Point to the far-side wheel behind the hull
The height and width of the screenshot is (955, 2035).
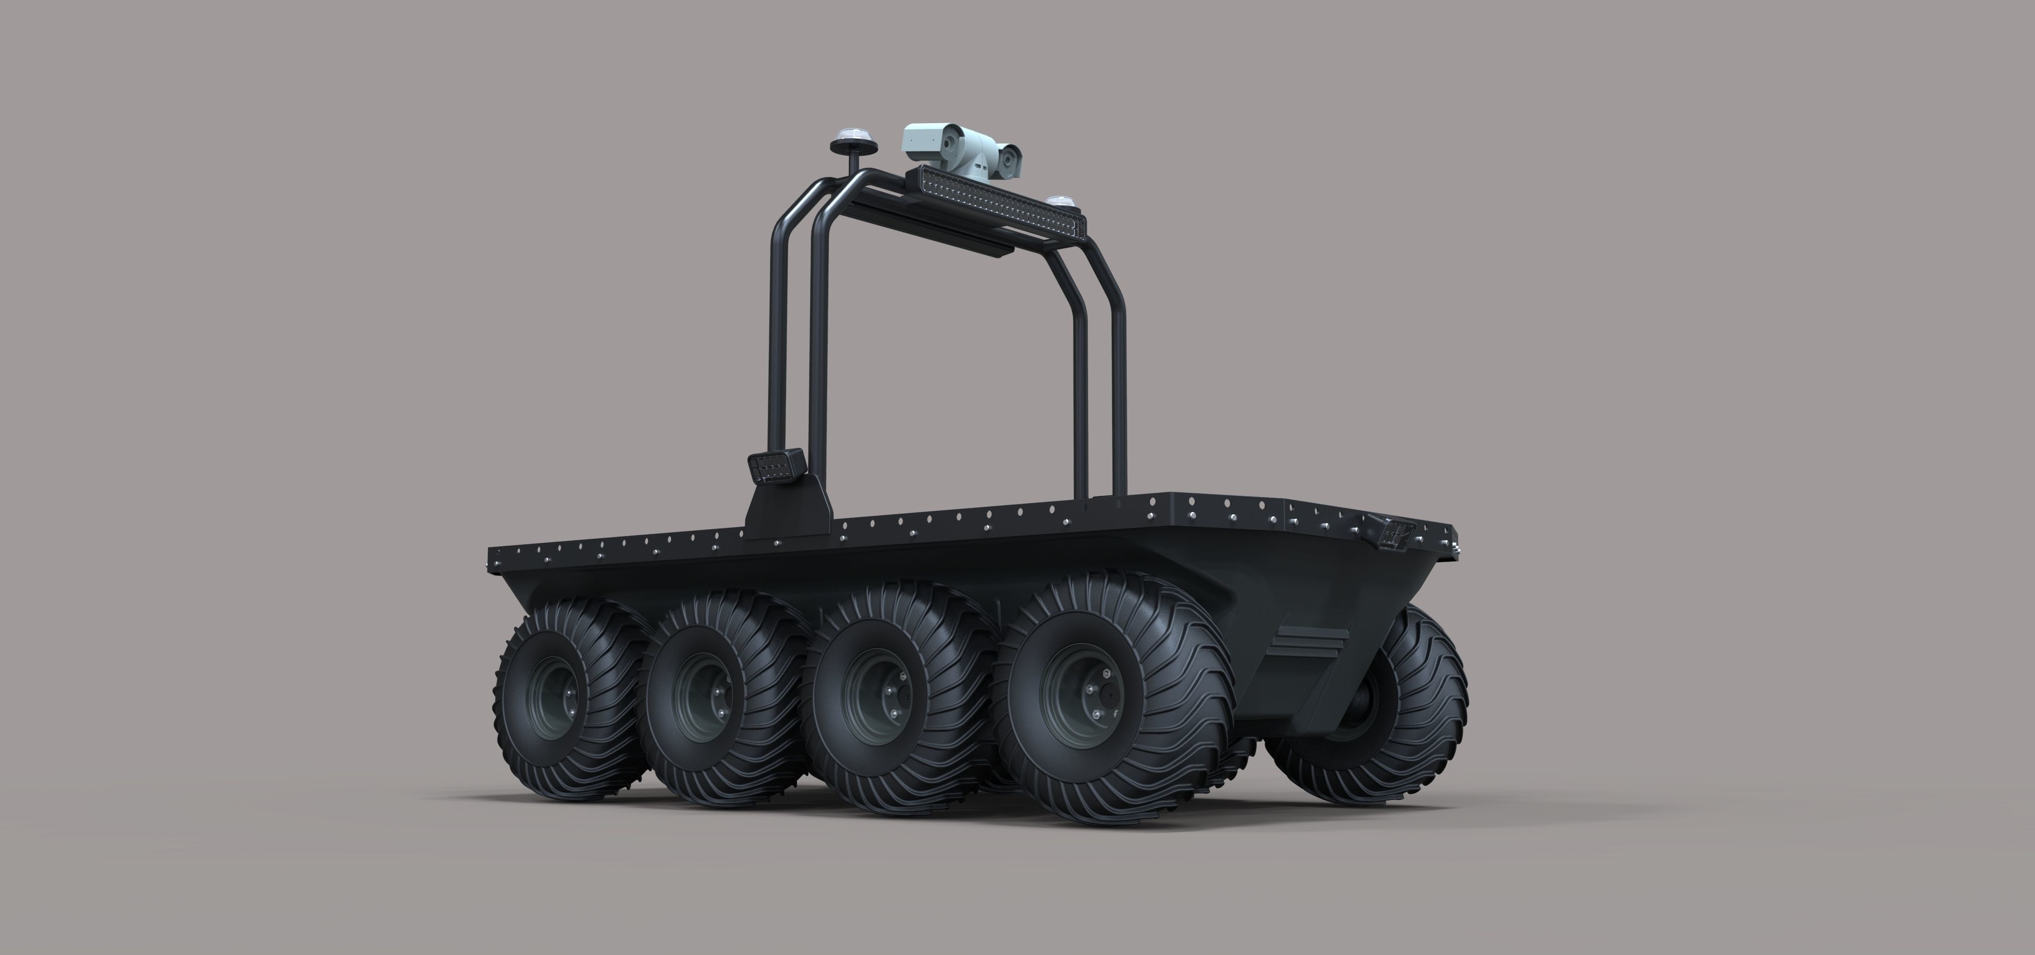[x=1390, y=703]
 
